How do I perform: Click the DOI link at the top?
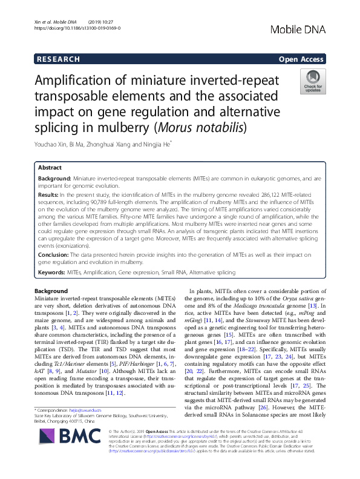[69, 28]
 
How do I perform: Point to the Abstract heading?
[50, 168]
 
